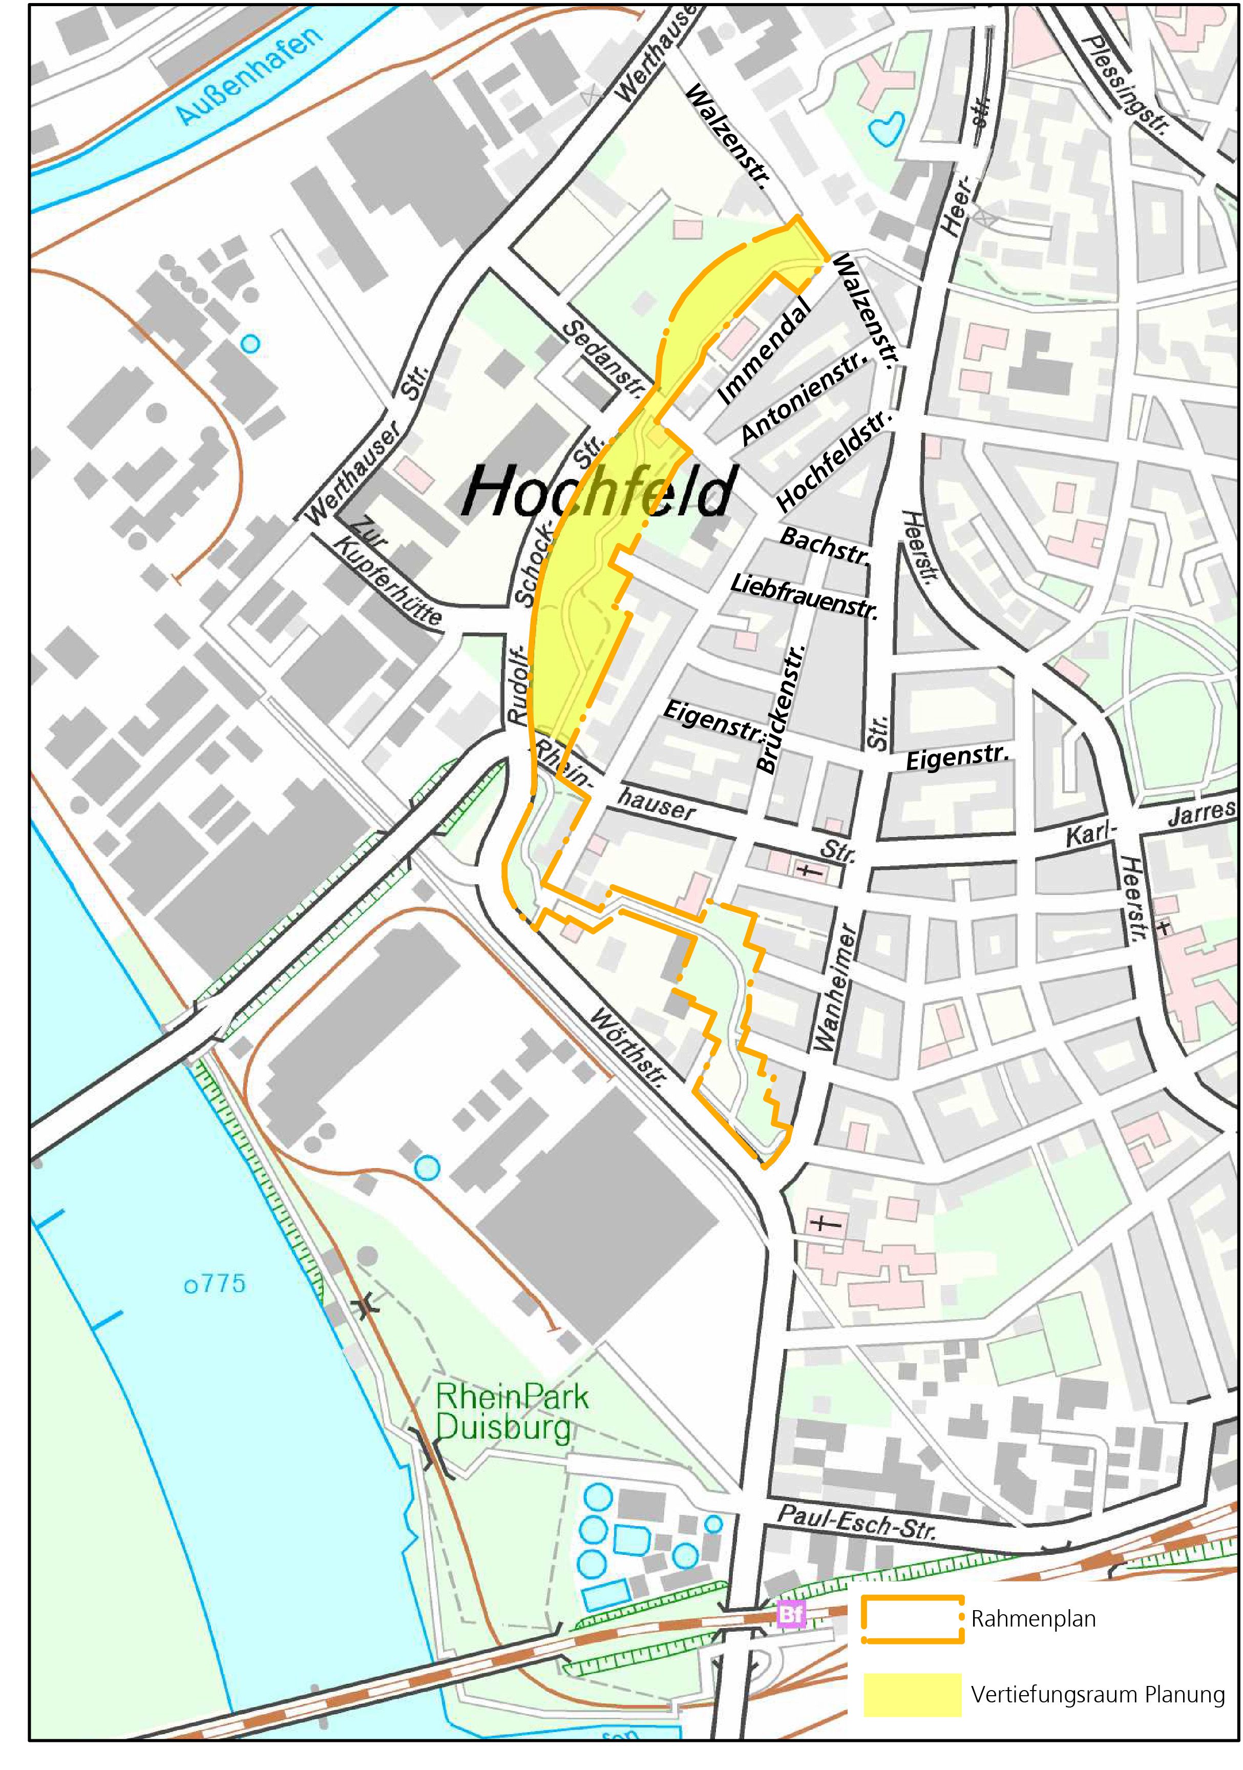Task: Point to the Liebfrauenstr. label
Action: (804, 596)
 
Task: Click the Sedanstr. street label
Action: (604, 359)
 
